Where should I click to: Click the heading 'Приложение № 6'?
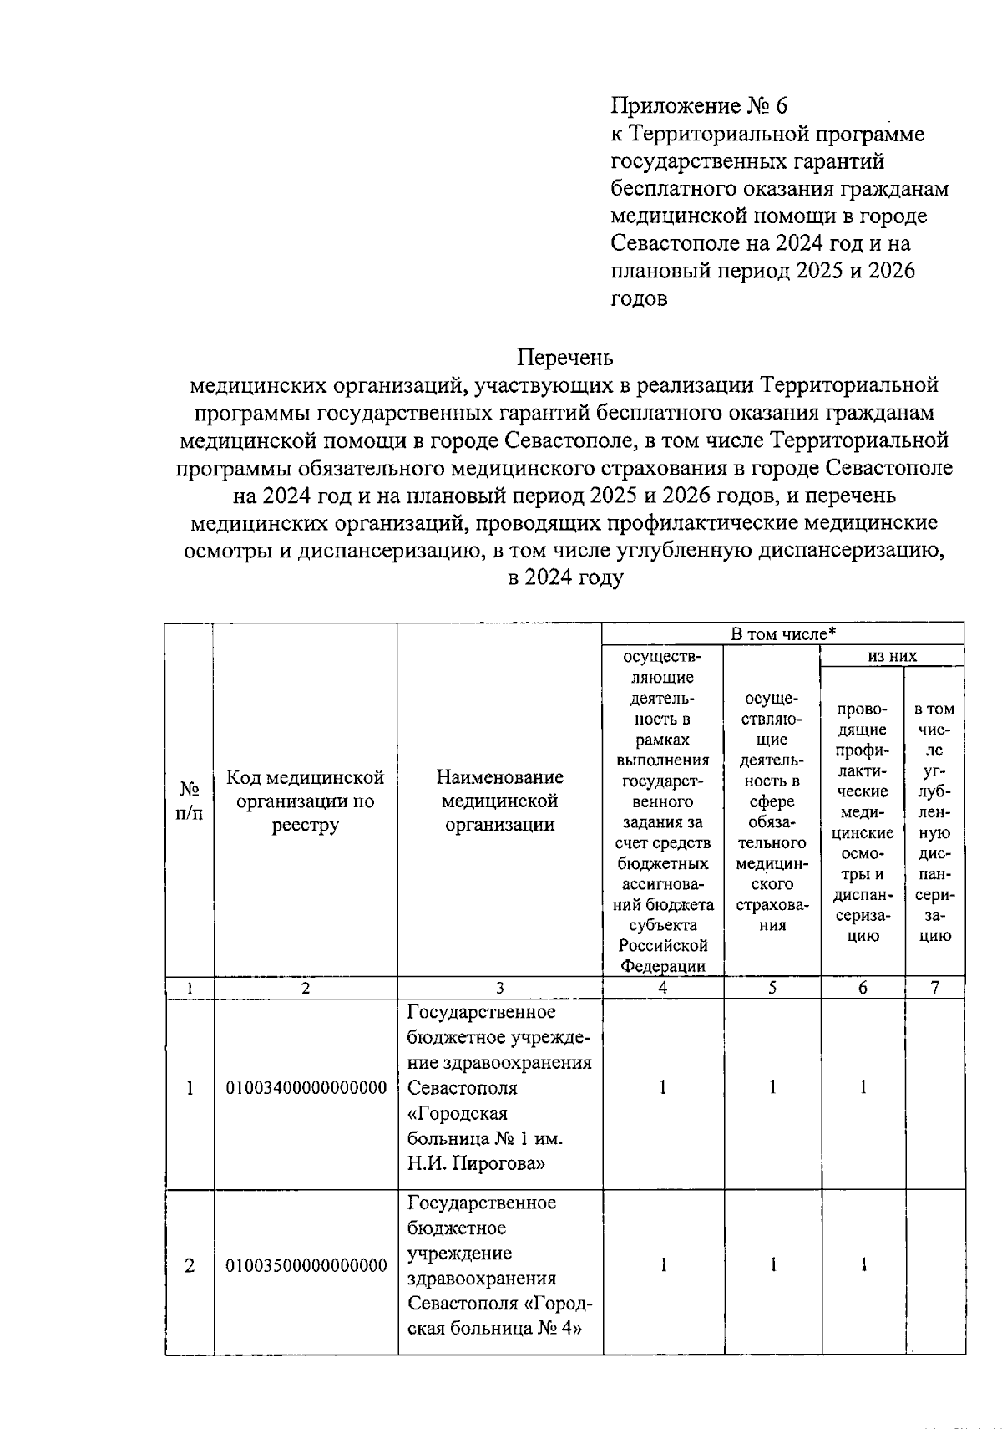(699, 105)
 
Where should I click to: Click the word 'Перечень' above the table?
(565, 358)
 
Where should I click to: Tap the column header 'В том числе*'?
(782, 634)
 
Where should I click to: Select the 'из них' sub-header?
(892, 656)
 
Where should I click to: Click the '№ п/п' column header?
(190, 801)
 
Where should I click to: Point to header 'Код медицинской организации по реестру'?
(306, 801)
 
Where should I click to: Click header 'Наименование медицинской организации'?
(499, 801)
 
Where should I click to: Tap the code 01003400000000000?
(306, 1087)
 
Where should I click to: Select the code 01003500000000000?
(306, 1265)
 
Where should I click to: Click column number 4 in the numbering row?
(662, 987)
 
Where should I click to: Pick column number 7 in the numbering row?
(934, 987)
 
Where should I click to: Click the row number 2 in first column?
(190, 1265)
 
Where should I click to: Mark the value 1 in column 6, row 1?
(863, 1087)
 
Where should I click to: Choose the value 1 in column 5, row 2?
(772, 1265)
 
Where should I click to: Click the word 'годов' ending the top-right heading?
(639, 298)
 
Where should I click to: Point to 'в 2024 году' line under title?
(565, 577)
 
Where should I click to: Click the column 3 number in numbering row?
(499, 987)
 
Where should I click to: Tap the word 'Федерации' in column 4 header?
(662, 966)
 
